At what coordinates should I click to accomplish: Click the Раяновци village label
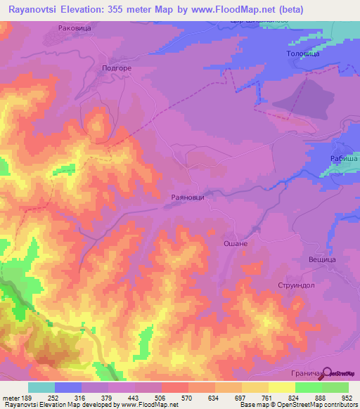tap(188, 198)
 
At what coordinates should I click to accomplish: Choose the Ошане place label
tap(236, 243)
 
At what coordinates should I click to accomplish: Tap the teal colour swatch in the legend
tap(41, 387)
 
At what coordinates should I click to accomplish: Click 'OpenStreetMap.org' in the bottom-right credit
tap(330, 405)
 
